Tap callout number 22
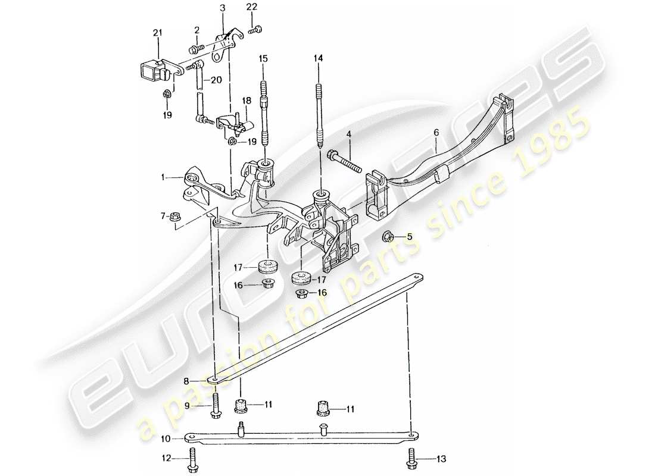[252, 7]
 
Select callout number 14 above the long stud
[319, 58]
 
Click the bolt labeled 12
[193, 460]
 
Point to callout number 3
[222, 8]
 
